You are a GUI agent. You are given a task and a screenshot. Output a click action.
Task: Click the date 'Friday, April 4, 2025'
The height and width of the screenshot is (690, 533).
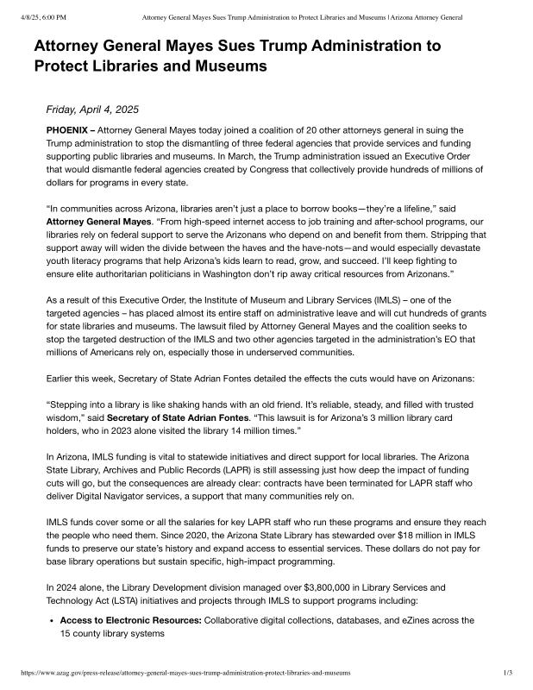pyautogui.click(x=92, y=110)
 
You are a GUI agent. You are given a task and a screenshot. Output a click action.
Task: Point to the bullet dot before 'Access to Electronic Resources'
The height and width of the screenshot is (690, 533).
pyautogui.click(x=52, y=620)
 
